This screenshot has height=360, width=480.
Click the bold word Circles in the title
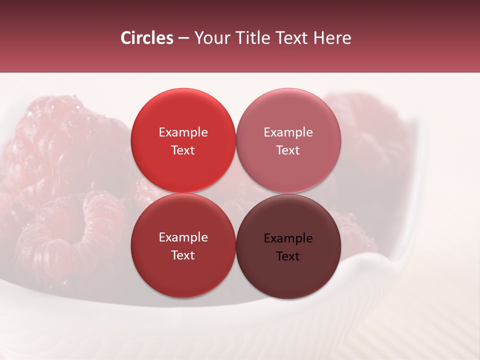pyautogui.click(x=146, y=37)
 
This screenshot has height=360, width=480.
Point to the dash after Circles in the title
pyautogui.click(x=183, y=38)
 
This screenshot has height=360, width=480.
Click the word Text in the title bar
pyautogui.click(x=294, y=37)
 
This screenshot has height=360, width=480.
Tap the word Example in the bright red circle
pyautogui.click(x=183, y=132)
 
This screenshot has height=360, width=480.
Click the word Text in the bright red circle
pyautogui.click(x=183, y=150)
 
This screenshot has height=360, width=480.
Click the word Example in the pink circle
pyautogui.click(x=288, y=132)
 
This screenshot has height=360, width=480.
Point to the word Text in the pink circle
pyautogui.click(x=288, y=150)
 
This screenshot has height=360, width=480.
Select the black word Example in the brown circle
pyautogui.click(x=288, y=238)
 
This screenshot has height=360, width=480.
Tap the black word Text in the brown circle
pyautogui.click(x=288, y=256)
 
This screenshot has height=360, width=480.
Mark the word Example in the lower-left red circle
pyautogui.click(x=183, y=237)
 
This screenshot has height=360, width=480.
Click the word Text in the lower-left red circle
pyautogui.click(x=183, y=255)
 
